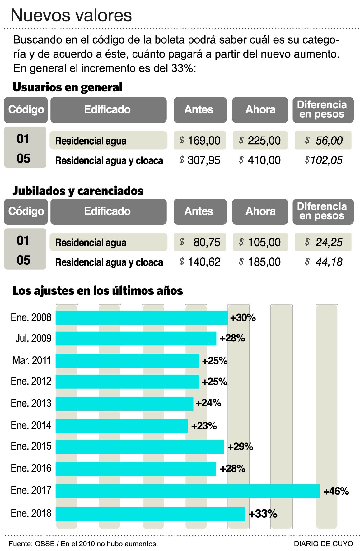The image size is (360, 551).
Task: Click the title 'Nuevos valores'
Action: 71,15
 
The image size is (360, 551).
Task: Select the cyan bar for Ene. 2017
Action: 187,491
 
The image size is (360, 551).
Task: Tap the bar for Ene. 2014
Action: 122,426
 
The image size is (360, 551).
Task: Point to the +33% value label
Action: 263,514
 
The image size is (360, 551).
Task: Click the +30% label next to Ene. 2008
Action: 243,317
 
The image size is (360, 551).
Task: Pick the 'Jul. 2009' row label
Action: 33,338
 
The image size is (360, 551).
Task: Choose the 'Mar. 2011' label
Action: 31,360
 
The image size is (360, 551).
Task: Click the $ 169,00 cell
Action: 200,141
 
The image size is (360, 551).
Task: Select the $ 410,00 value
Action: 260,160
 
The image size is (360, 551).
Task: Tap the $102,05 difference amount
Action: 323,160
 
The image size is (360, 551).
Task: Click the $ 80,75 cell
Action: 200,242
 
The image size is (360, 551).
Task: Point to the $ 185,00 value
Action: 260,262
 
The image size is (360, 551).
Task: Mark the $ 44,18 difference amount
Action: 323,262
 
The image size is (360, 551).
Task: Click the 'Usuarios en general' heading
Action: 67,87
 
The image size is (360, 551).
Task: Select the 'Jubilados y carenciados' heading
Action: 78,191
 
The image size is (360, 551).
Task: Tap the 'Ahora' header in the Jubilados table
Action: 260,211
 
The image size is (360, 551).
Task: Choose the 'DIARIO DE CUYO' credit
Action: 323,544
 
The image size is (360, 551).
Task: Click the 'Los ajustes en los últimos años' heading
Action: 97,291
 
